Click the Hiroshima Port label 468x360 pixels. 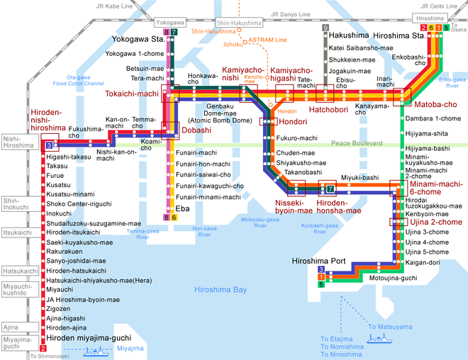pos(318,261)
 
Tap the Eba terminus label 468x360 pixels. pos(182,208)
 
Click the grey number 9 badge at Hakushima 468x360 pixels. pos(325,28)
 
